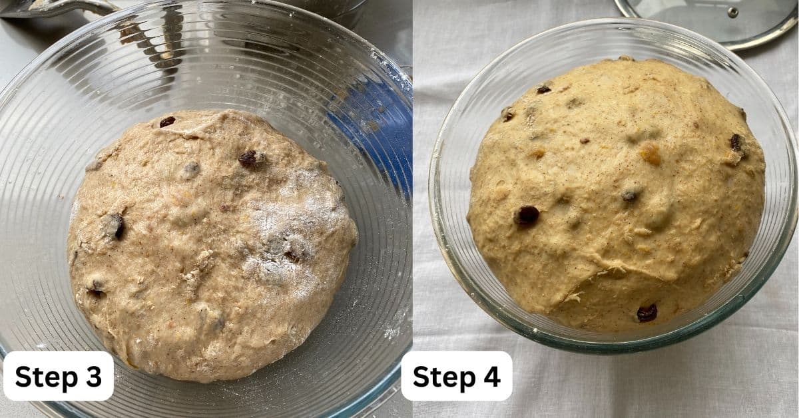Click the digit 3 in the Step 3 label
tap(94, 377)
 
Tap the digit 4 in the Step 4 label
tap(492, 377)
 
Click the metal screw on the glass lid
tap(732, 12)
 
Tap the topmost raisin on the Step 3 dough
tap(167, 122)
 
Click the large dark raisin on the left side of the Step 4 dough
tap(527, 215)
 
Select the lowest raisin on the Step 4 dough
tap(647, 313)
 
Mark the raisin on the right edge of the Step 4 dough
tap(736, 142)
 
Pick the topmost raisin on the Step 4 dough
tap(543, 89)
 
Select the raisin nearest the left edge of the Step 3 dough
tap(115, 226)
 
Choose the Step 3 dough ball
tap(212, 246)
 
